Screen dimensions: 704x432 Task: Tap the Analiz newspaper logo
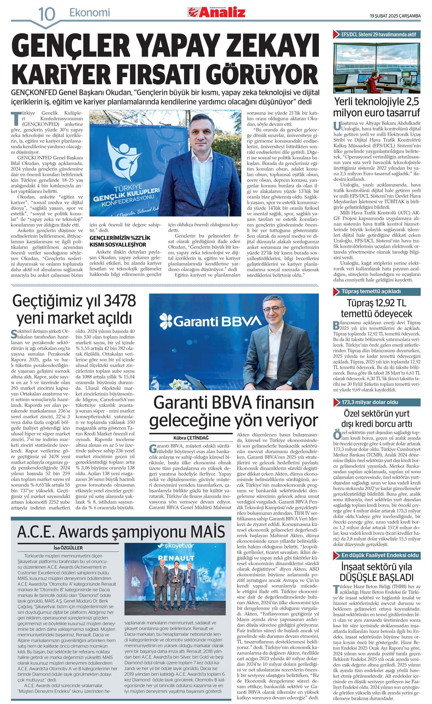(x=216, y=12)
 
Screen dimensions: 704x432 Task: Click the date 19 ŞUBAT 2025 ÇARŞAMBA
(x=395, y=16)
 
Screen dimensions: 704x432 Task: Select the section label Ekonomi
(x=89, y=13)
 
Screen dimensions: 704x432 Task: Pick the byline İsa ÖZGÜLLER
(x=68, y=548)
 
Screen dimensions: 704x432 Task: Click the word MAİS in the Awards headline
(x=208, y=532)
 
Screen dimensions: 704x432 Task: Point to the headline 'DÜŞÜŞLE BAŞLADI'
(x=377, y=577)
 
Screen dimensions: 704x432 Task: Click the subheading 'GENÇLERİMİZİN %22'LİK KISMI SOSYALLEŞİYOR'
(x=120, y=241)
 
